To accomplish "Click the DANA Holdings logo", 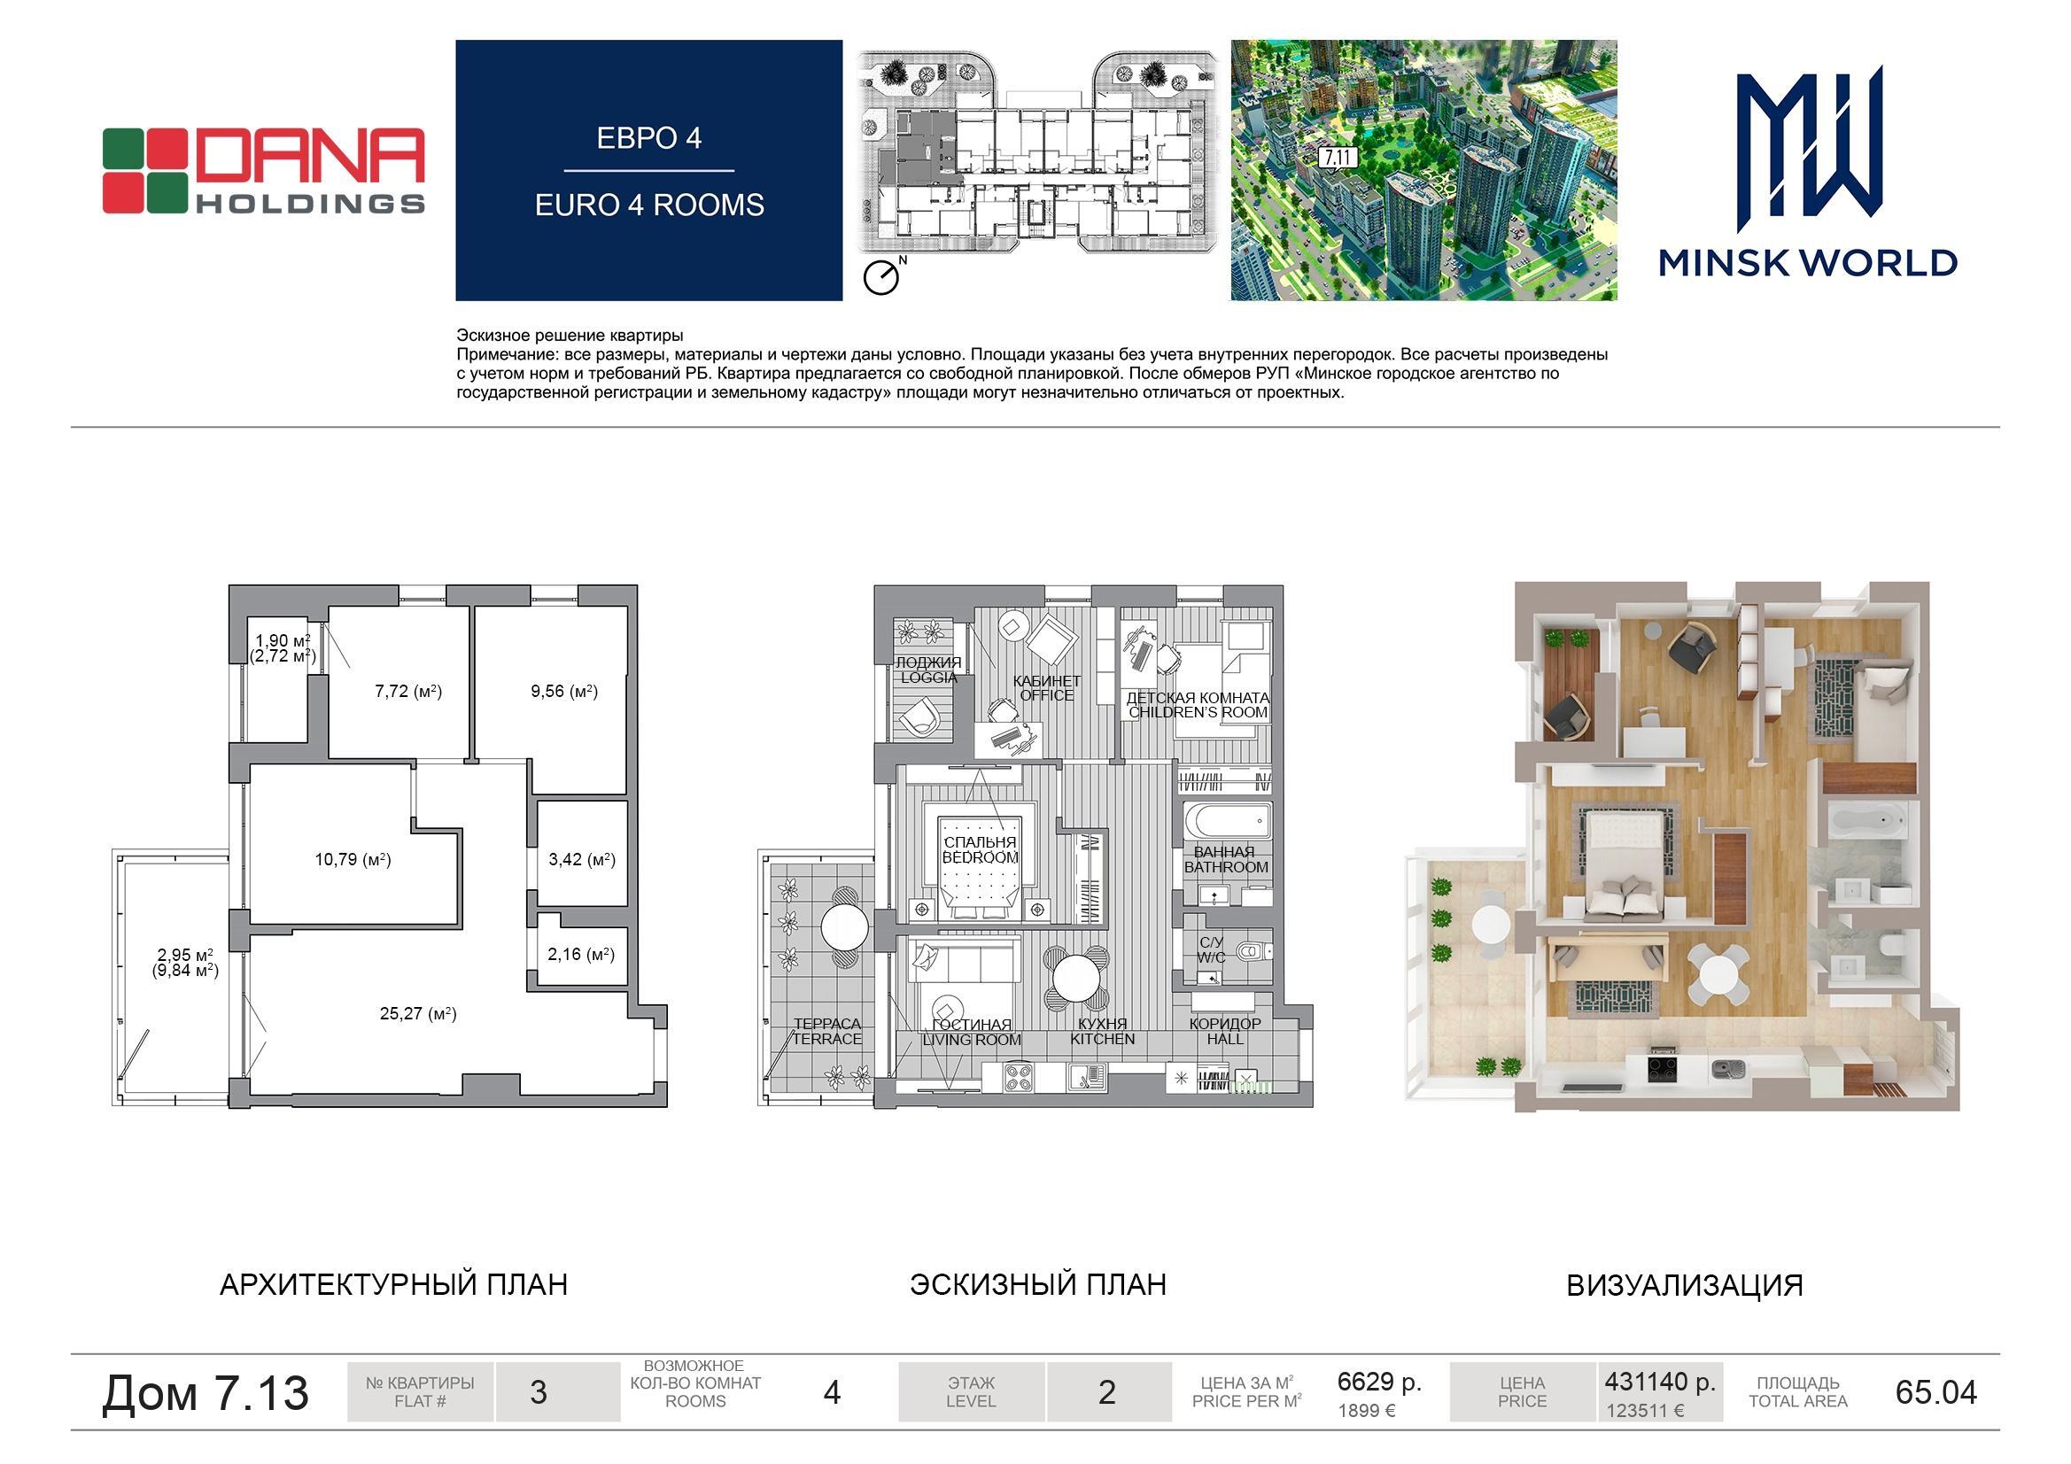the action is click(x=263, y=170).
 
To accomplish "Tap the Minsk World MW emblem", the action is click(x=1809, y=149).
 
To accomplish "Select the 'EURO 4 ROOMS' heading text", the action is click(x=649, y=205).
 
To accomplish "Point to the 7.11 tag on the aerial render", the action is click(x=1338, y=158).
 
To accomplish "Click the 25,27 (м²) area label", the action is click(x=417, y=1014).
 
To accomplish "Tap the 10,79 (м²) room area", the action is click(x=353, y=860).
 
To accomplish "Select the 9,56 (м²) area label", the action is click(x=564, y=692).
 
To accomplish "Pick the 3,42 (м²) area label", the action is click(x=582, y=860).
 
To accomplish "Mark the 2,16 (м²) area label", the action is click(x=581, y=955).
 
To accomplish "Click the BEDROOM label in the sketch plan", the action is click(x=980, y=858).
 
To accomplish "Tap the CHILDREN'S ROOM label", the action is click(x=1198, y=713).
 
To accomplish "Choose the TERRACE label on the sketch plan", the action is click(x=827, y=1039).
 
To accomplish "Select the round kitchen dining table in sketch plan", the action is click(x=1075, y=977).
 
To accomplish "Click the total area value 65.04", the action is click(x=1935, y=1392).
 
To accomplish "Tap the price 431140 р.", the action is click(x=1660, y=1381).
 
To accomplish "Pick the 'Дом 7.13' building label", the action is click(x=206, y=1392).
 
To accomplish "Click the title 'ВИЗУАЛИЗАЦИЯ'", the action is click(x=1684, y=1285).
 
